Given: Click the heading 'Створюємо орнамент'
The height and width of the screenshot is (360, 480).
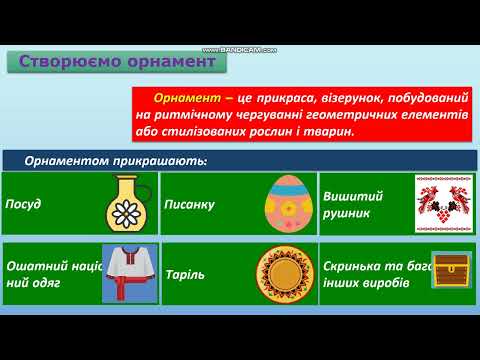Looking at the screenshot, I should (117, 62).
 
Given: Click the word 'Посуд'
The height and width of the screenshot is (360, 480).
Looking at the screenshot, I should (23, 205).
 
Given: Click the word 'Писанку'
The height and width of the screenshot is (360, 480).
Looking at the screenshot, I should (189, 205).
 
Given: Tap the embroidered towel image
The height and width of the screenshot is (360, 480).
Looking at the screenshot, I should (443, 203).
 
